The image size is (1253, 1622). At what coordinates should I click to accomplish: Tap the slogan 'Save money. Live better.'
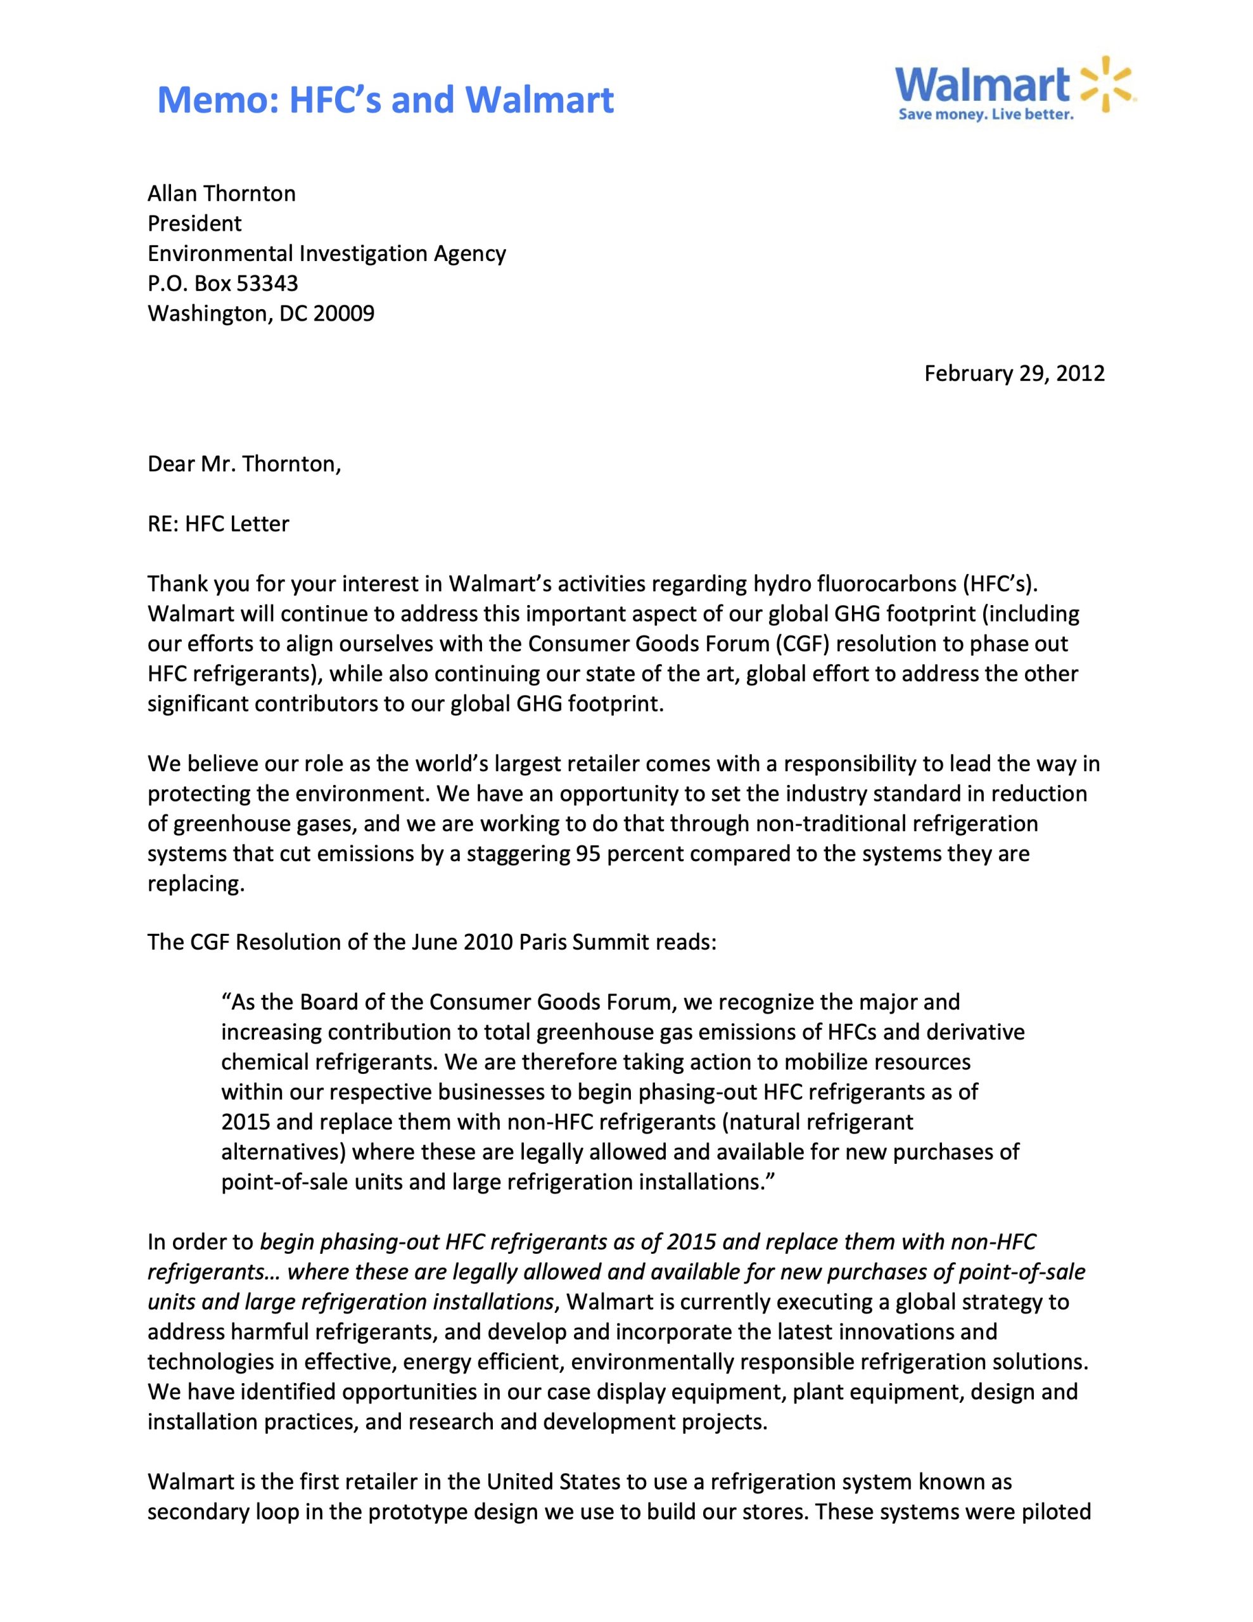tap(986, 115)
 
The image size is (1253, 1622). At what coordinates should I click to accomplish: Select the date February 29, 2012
tap(1014, 373)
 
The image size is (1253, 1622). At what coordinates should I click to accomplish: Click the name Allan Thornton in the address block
tap(221, 194)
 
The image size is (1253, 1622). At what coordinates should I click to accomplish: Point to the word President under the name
tap(194, 224)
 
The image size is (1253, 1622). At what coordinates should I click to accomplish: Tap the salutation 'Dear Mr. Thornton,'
tap(245, 464)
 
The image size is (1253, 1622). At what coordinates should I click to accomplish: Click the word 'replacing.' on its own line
tap(196, 884)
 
